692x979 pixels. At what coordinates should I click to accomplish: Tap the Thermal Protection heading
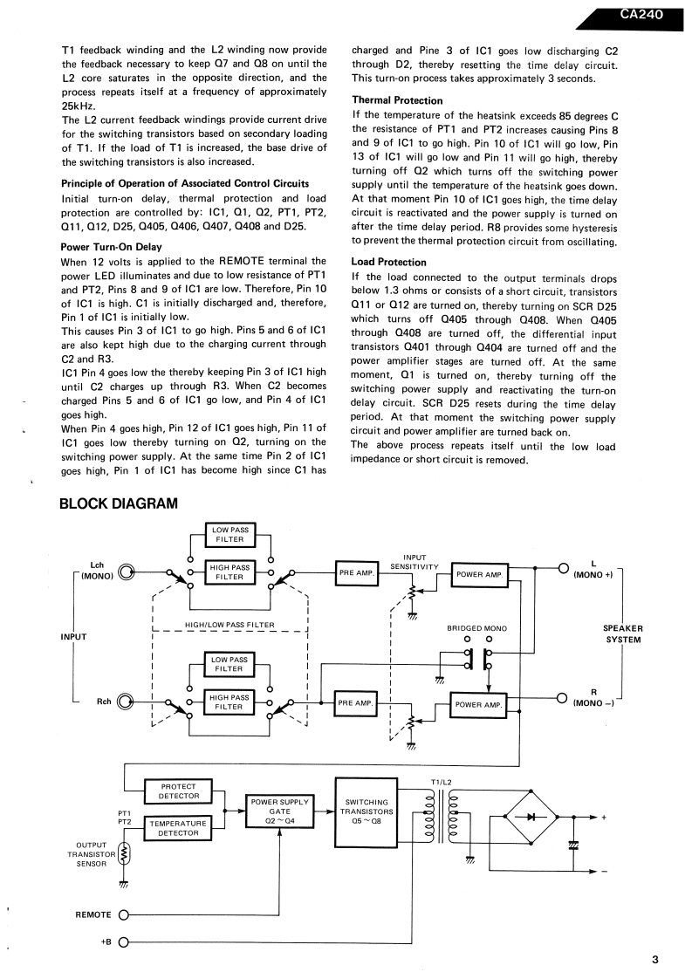(x=397, y=100)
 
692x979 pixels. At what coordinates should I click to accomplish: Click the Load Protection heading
(x=388, y=262)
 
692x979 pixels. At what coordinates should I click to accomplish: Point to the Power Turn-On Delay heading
(x=112, y=247)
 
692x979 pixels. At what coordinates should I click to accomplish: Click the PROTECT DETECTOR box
(x=179, y=791)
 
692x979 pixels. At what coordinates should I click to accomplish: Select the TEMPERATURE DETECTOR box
(x=179, y=828)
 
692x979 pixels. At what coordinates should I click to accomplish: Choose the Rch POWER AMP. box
(x=478, y=704)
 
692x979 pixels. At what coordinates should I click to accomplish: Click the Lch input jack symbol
(x=127, y=572)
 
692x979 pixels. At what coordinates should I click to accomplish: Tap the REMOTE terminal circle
(x=123, y=914)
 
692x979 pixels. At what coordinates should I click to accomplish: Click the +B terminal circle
(x=123, y=942)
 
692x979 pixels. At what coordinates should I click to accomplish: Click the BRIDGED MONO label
(x=476, y=628)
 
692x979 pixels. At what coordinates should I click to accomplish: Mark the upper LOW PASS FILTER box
(x=229, y=534)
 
